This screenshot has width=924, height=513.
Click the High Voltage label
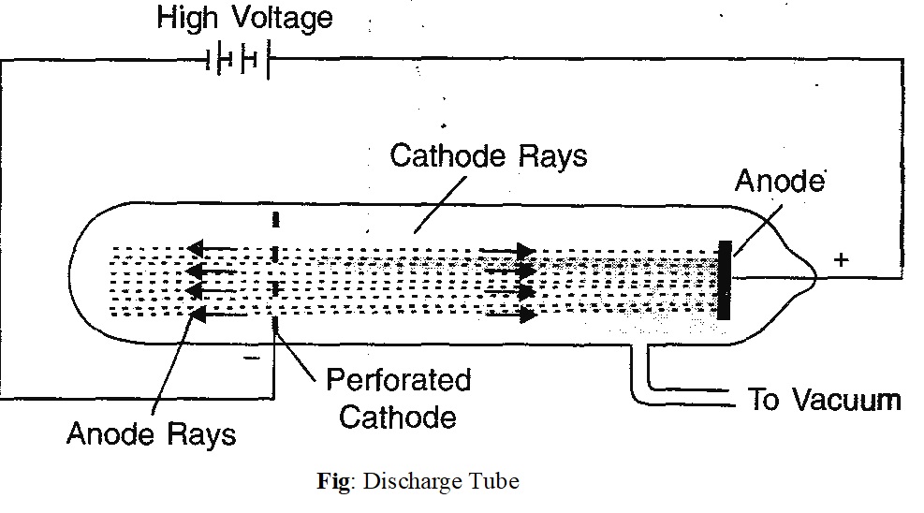tap(243, 18)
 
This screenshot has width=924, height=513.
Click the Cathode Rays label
tap(489, 155)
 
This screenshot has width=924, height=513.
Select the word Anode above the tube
tap(779, 181)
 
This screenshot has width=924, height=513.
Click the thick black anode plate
tap(724, 280)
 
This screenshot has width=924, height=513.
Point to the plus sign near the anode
tap(842, 260)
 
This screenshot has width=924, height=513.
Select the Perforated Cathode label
tap(398, 398)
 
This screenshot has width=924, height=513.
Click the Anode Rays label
tap(152, 434)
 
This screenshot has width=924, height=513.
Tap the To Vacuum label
tap(824, 400)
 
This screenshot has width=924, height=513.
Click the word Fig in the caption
tap(332, 482)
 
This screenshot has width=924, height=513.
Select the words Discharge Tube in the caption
tap(440, 482)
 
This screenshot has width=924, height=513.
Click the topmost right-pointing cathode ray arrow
tap(509, 250)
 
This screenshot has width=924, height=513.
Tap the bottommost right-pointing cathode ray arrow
tap(509, 315)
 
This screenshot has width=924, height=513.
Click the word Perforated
tap(398, 380)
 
